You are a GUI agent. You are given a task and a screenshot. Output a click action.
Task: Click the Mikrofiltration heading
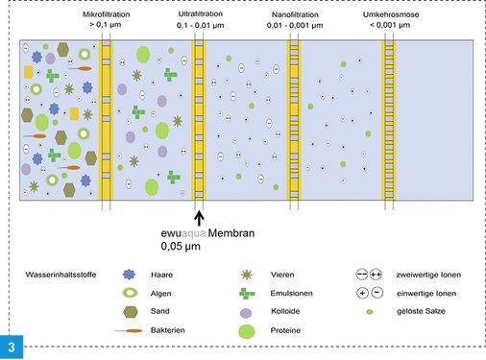pyautogui.click(x=106, y=16)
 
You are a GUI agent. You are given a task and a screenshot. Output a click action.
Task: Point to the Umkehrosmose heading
pyautogui.click(x=389, y=16)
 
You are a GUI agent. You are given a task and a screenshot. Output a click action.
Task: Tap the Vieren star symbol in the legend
pyautogui.click(x=248, y=276)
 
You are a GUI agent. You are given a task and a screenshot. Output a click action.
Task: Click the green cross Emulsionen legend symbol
pyautogui.click(x=248, y=293)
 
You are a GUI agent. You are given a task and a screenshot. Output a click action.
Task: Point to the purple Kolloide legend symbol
pyautogui.click(x=248, y=312)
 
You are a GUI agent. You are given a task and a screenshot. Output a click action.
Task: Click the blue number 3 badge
pyautogui.click(x=12, y=347)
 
